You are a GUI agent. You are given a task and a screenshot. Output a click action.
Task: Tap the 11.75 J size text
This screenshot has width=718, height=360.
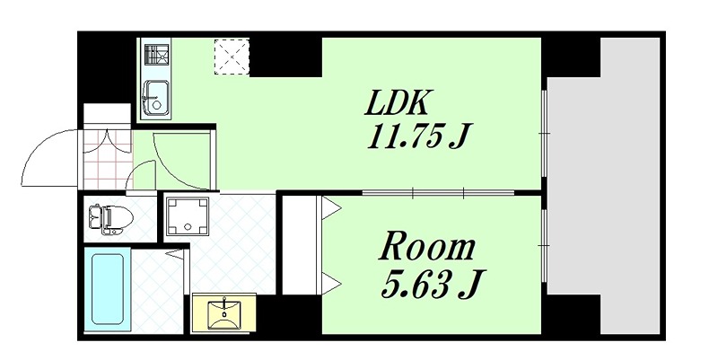(419, 138)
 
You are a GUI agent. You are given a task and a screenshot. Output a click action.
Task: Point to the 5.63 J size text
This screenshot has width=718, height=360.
(430, 285)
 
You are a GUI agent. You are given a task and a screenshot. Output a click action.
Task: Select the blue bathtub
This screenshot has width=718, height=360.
(108, 288)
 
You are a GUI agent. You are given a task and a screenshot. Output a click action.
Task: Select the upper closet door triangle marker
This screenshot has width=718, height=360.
(330, 210)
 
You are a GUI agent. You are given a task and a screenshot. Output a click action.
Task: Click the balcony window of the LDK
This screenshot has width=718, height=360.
(546, 134)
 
